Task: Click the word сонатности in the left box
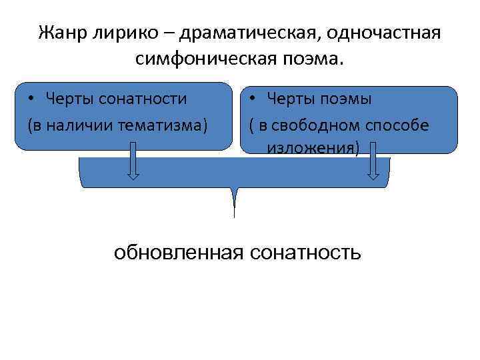click(x=143, y=99)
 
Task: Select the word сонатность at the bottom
click(x=306, y=253)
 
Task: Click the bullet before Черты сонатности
click(x=31, y=100)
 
